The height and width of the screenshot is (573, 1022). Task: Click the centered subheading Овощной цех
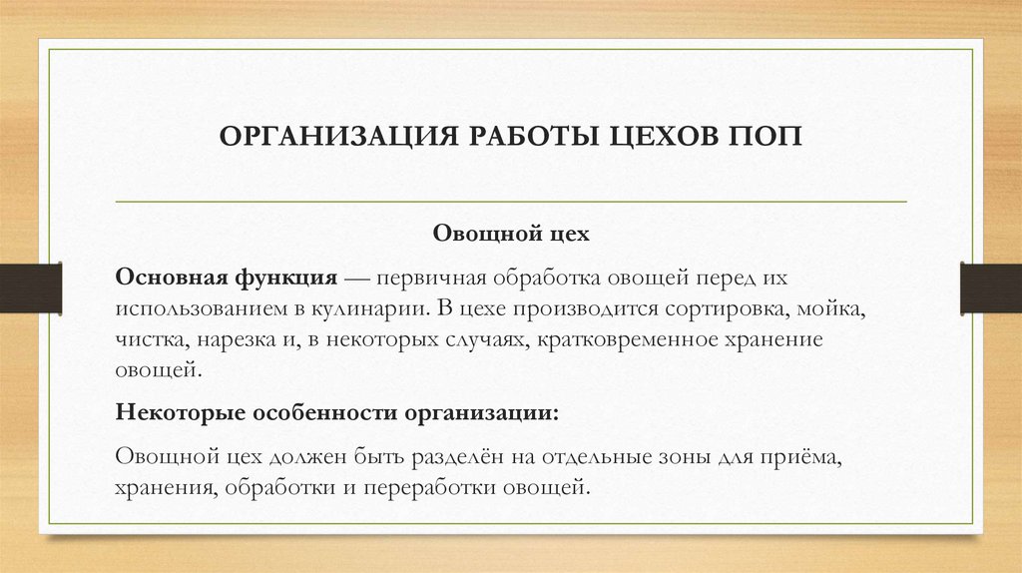pyautogui.click(x=511, y=237)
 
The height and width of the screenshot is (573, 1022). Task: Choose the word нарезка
pyautogui.click(x=241, y=339)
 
